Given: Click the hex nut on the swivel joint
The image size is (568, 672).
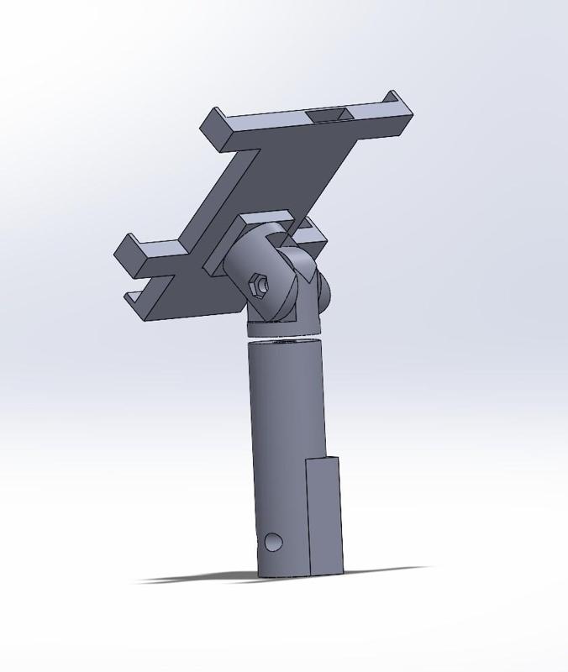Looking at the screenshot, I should coord(260,286).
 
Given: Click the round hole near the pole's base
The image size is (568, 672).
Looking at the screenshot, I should coord(273,542).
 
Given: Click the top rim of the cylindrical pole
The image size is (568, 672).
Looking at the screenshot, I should coord(284,340).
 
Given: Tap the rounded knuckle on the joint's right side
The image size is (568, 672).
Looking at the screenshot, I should coord(323,290).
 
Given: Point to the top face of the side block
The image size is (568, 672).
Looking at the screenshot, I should coord(323,459).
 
